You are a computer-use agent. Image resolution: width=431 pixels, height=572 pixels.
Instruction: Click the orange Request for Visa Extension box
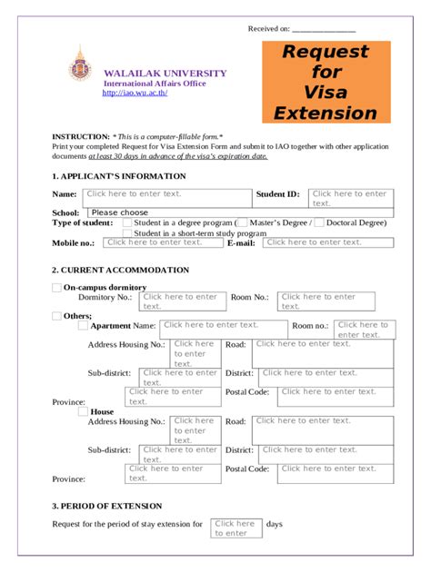[x=326, y=82]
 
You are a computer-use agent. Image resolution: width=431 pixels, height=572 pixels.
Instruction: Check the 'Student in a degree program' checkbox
[x=127, y=223]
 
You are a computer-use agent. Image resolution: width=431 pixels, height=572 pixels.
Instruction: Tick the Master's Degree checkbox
[x=242, y=223]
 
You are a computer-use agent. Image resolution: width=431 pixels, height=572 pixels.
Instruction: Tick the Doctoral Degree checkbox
[x=319, y=223]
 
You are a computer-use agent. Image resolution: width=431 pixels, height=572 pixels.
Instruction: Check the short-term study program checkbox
[x=127, y=233]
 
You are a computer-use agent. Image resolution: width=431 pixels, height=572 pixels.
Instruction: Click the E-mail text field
[x=327, y=242]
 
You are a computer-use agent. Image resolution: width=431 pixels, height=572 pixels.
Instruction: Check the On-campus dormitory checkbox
[x=56, y=288]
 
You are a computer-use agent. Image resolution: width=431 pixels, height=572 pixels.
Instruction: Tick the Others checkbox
[x=56, y=315]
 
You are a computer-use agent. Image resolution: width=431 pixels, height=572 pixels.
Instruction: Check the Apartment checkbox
[x=84, y=325]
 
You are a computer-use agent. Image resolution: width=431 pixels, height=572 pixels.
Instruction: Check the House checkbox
[x=84, y=411]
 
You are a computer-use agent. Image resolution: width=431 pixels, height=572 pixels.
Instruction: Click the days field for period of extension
[x=236, y=528]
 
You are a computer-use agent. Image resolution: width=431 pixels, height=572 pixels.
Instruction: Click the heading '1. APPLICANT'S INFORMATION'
[x=118, y=176]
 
